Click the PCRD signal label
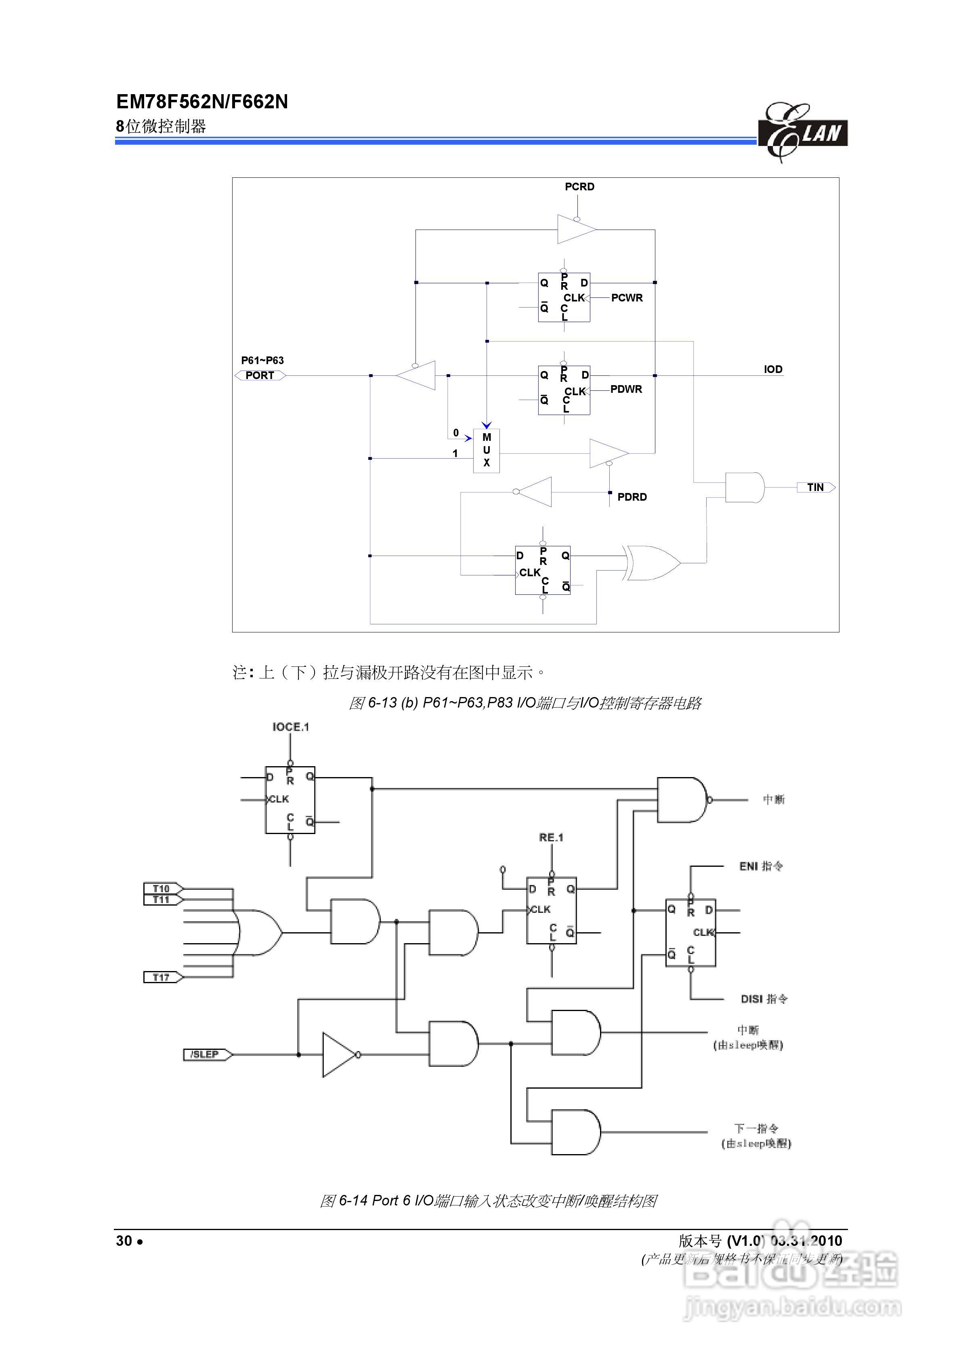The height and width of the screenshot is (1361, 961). (579, 187)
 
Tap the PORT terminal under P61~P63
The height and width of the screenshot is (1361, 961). (260, 375)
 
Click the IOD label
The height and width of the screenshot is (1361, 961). (772, 369)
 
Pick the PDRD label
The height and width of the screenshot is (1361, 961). (632, 497)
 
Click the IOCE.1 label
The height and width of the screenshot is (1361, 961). (290, 727)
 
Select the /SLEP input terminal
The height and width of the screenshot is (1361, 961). (205, 1055)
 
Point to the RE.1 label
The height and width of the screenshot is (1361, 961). (551, 838)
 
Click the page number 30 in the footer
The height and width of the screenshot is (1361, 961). (124, 1241)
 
